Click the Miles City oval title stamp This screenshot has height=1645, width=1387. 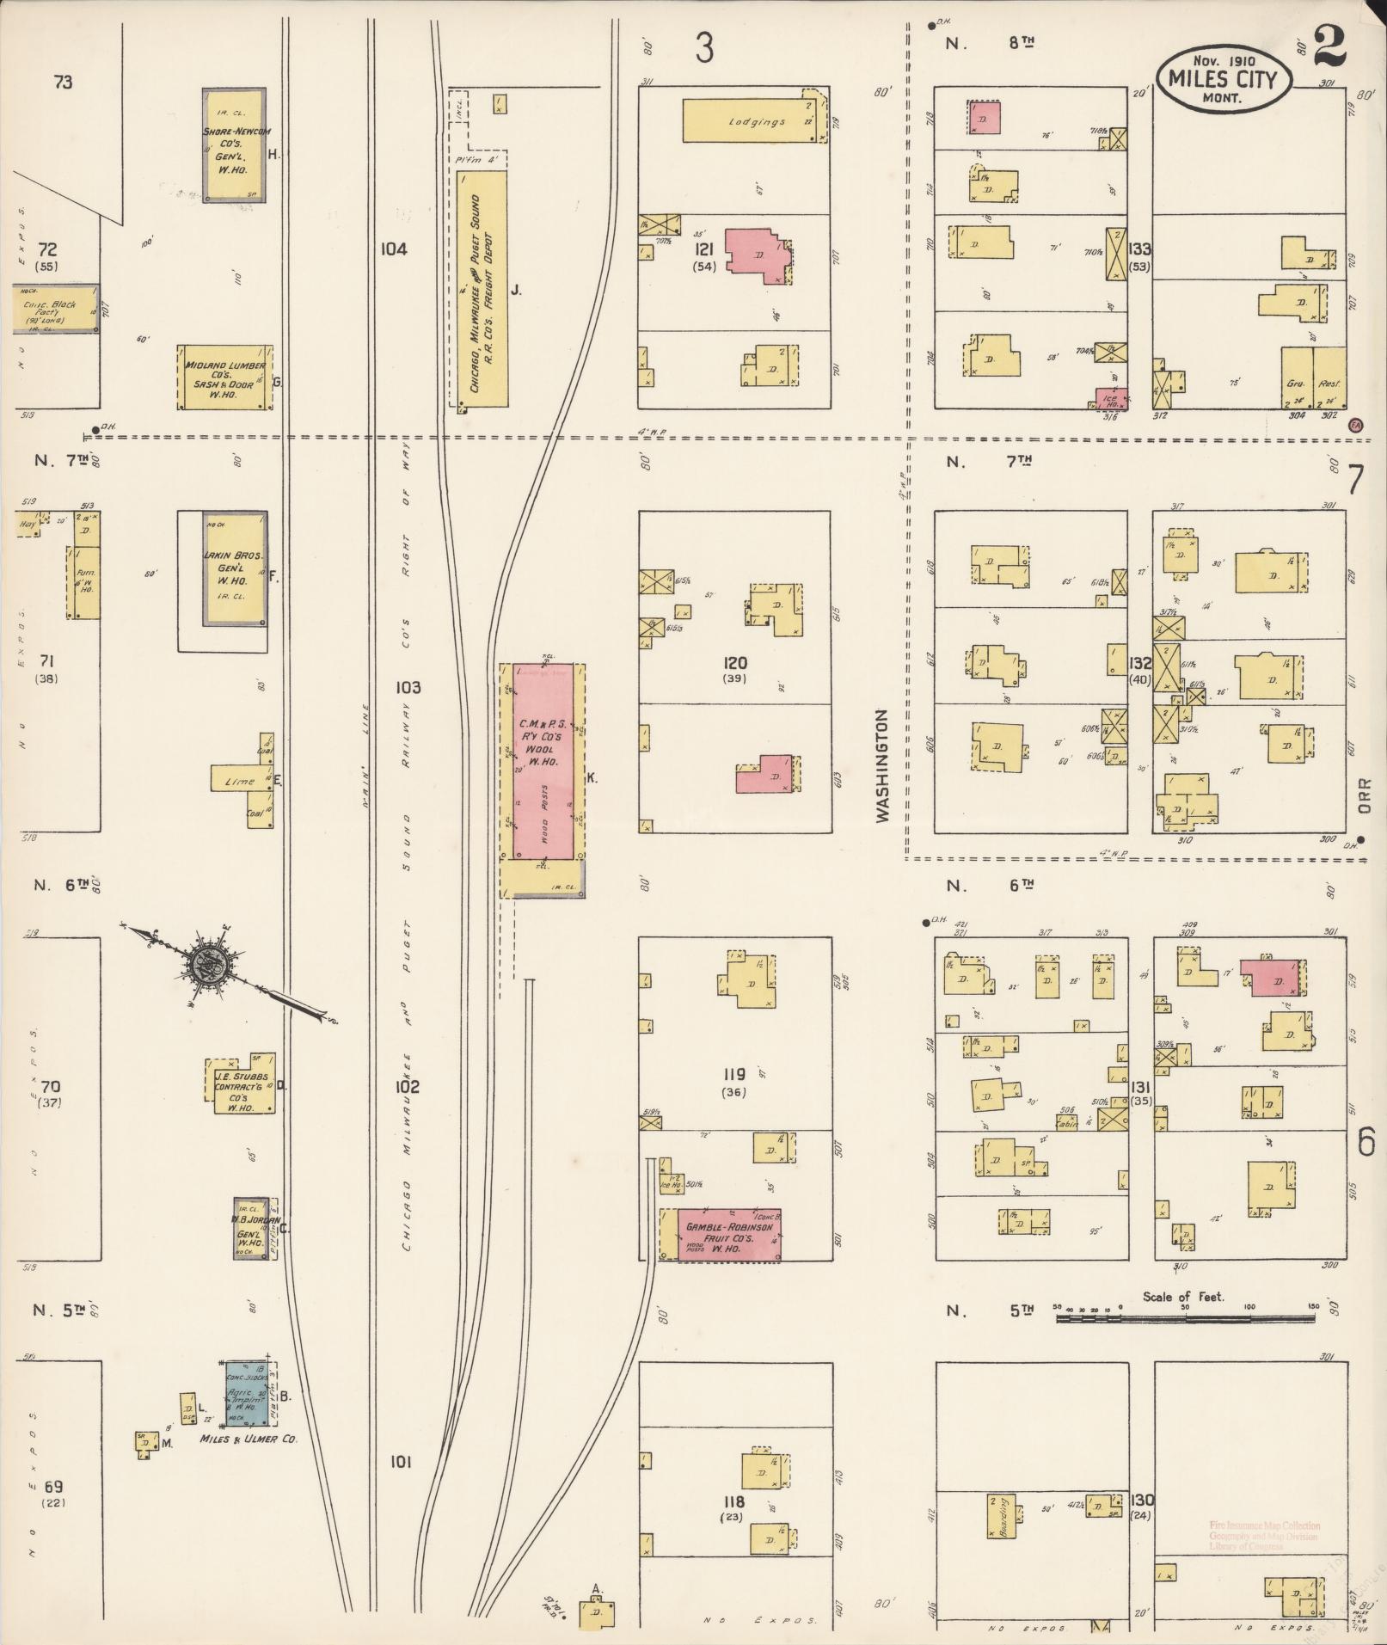1224,77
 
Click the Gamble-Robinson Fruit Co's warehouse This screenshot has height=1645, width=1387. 728,1235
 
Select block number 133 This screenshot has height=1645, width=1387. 1140,249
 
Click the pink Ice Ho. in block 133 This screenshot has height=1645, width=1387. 1112,398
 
